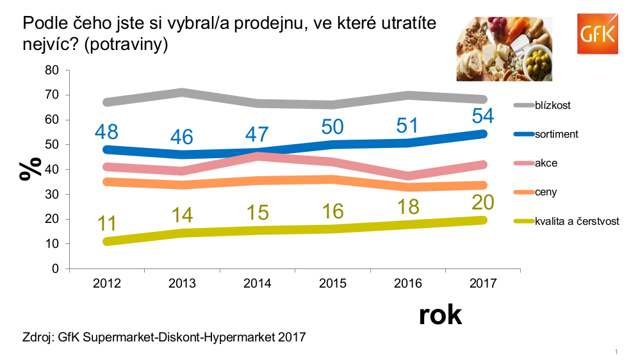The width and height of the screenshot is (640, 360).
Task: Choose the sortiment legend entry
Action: (557, 135)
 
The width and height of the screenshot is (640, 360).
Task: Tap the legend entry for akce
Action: (546, 163)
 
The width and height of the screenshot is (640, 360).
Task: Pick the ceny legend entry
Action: (546, 192)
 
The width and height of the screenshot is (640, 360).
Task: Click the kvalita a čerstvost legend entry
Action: (577, 221)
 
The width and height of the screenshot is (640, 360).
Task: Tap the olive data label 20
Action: (483, 203)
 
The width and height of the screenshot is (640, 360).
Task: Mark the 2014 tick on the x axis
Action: (257, 284)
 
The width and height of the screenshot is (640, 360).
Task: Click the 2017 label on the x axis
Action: (483, 284)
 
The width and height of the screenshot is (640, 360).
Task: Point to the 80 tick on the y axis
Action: (52, 70)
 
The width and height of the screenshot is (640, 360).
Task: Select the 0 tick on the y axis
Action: (56, 269)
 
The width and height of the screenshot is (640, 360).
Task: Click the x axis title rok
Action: (440, 315)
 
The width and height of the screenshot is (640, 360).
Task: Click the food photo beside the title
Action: (505, 49)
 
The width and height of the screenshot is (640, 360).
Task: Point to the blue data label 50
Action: (332, 126)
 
